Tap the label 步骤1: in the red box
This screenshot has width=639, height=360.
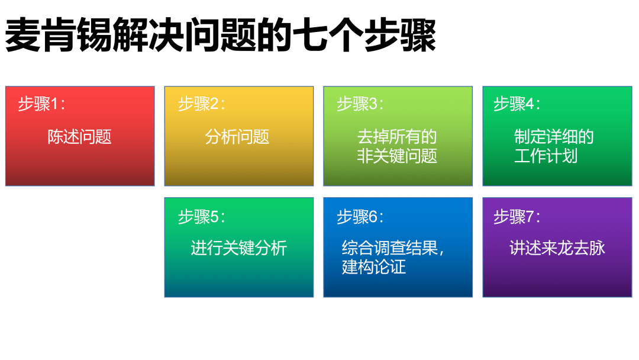pos(41,104)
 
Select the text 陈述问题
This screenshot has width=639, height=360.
pos(79,137)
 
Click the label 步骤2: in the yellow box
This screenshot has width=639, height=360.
pos(201,104)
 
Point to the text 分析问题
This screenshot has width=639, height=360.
pos(237,137)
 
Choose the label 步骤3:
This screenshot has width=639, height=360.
pos(360,104)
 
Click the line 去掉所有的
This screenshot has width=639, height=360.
pos(397,137)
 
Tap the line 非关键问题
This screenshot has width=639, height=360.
pos(397,156)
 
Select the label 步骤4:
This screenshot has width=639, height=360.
pos(517,104)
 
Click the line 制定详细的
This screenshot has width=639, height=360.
pos(554,137)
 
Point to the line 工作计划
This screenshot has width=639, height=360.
pos(546,156)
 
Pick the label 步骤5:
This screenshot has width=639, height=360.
pos(201,217)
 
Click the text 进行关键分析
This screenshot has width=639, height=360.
pos(238,247)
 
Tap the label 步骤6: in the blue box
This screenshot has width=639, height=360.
pos(360,217)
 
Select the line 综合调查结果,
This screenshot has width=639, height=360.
pos(393,247)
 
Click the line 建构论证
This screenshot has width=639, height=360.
pos(374,266)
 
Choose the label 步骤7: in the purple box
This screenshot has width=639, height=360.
pos(517,217)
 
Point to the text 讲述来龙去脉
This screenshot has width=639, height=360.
pos(557,247)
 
